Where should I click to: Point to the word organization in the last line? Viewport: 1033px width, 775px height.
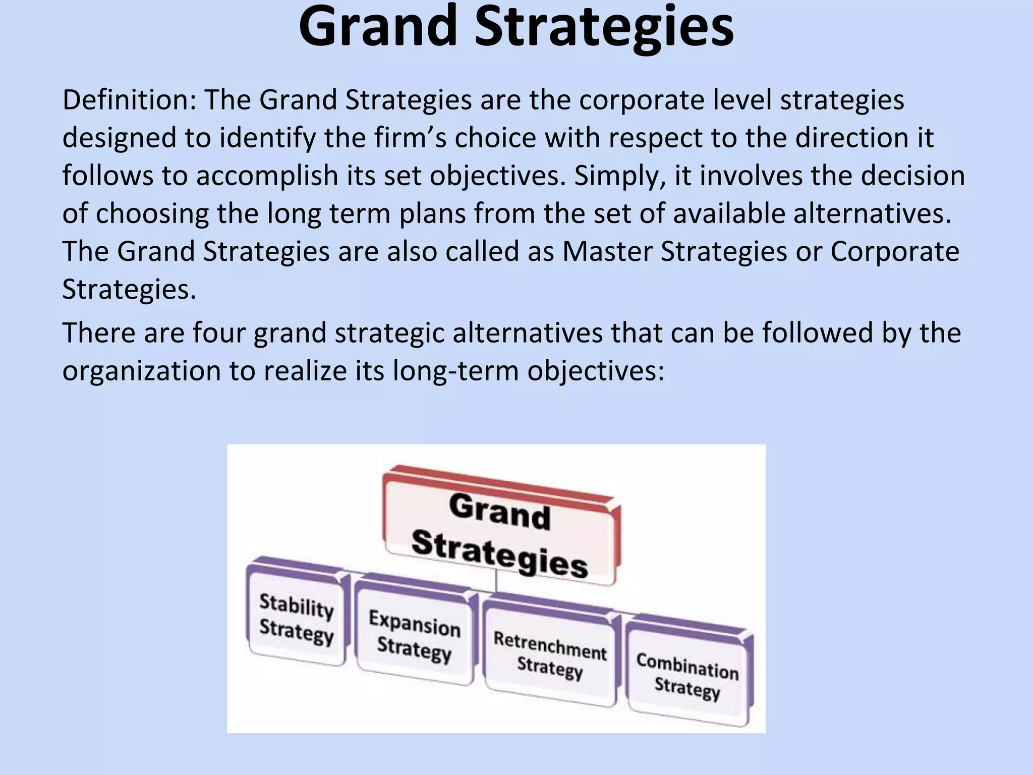pos(141,371)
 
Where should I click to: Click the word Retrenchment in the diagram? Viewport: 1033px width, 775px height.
pos(550,646)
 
